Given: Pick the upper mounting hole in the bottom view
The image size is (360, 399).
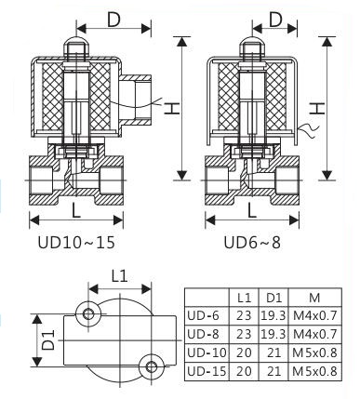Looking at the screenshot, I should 88,313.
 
